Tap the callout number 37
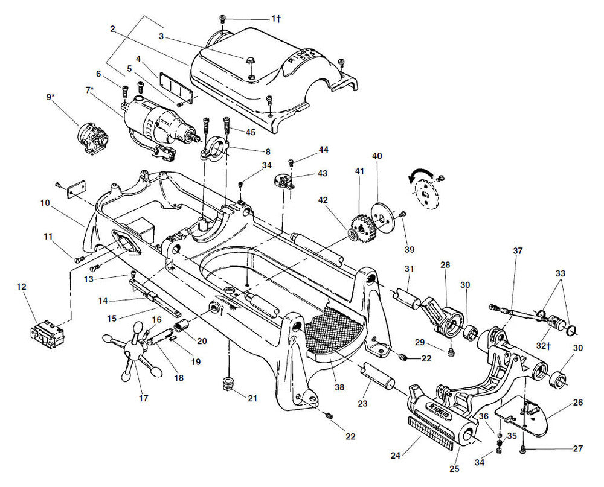tap(518, 250)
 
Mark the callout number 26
tap(577, 402)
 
